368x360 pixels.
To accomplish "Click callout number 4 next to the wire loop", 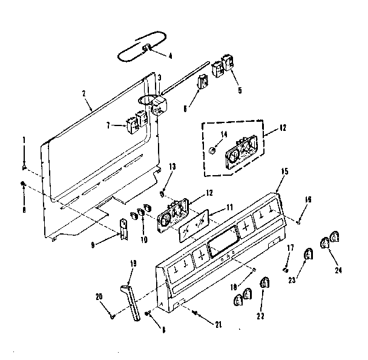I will (171, 56).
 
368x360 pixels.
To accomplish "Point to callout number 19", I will (133, 262).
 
